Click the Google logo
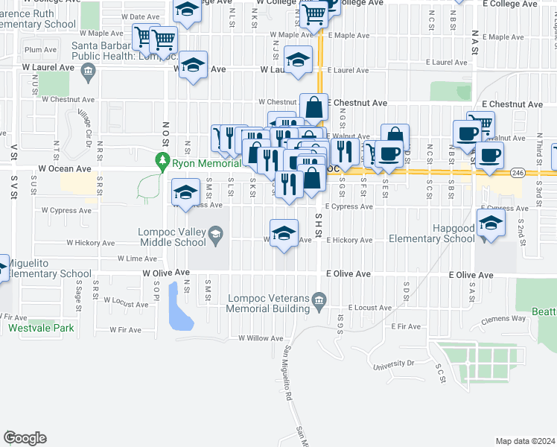[x=25, y=438]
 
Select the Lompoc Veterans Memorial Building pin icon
[x=319, y=300]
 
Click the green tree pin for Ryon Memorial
[x=162, y=159]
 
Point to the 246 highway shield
[x=518, y=173]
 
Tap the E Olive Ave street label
[x=471, y=275]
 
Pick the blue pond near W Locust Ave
[x=180, y=307]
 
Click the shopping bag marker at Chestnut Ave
[x=314, y=107]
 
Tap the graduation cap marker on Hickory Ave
[x=283, y=233]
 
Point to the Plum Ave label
[x=40, y=50]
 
